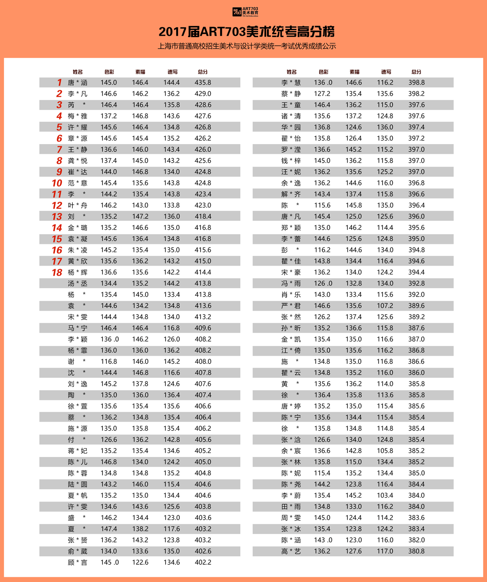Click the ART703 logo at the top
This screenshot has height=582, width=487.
[245, 11]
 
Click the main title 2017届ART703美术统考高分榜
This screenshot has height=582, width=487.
[247, 32]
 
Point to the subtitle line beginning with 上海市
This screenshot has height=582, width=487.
[247, 46]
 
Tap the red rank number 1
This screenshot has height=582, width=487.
[59, 83]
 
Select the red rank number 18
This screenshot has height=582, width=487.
[57, 273]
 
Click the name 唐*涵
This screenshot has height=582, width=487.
[77, 83]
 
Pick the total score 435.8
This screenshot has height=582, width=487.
[203, 83]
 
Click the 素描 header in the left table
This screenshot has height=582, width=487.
[140, 72]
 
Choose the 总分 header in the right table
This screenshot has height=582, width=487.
[416, 72]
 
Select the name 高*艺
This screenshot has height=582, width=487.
[291, 551]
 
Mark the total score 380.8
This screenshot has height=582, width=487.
[416, 551]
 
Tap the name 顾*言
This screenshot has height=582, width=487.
[77, 563]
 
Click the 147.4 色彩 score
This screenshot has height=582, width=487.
[108, 529]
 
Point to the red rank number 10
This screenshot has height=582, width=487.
[57, 183]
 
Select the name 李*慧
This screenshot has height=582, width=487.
[291, 83]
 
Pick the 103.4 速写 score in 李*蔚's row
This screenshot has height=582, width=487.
[385, 495]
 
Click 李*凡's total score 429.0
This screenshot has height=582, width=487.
[203, 94]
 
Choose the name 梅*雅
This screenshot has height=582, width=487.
[77, 116]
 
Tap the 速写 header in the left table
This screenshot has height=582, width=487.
[172, 72]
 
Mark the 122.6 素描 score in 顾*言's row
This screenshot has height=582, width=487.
[140, 563]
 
